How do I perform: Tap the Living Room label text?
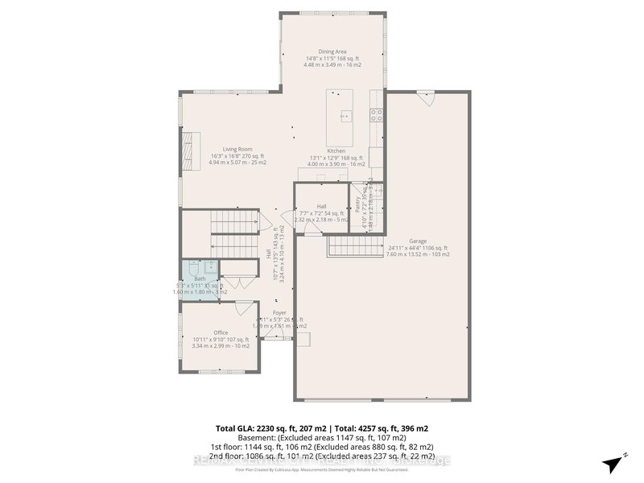click(x=237, y=149)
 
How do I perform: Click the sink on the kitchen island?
click(x=345, y=114)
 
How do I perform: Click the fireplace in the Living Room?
click(x=190, y=149)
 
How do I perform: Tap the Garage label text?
click(x=417, y=241)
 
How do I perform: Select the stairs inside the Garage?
click(x=352, y=247)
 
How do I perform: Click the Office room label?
click(x=221, y=332)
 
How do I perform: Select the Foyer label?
click(x=279, y=312)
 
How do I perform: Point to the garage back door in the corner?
click(x=428, y=101)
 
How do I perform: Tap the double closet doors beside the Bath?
click(x=235, y=282)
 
